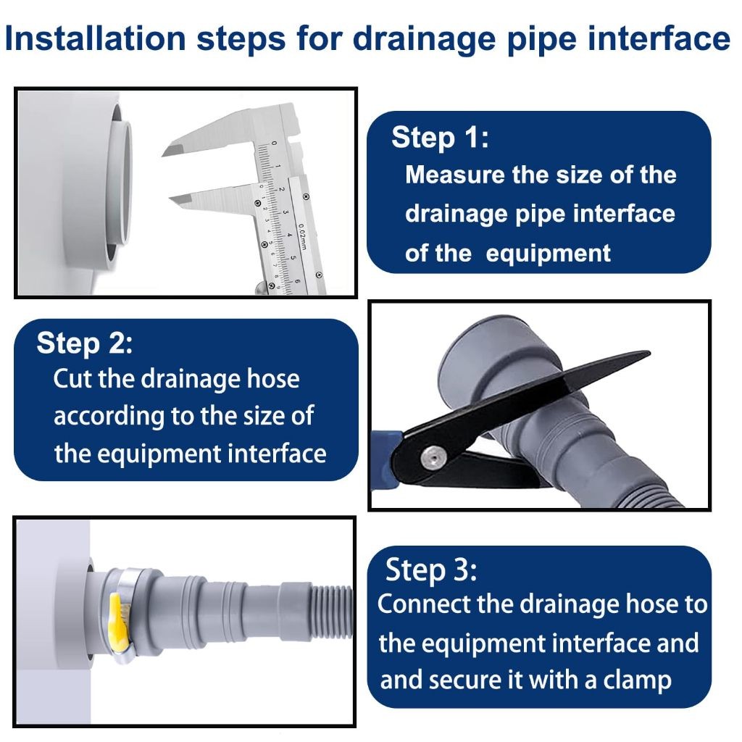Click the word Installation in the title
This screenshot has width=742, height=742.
coord(95,38)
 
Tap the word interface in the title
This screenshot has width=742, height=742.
coord(659,38)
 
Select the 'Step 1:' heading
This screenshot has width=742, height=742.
coord(440,138)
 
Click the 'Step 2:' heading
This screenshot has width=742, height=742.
coord(85,343)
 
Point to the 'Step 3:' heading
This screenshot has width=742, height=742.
coord(431,570)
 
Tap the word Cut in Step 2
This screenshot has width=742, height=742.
coord(73,378)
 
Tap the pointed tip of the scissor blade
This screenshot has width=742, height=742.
coord(649,353)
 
